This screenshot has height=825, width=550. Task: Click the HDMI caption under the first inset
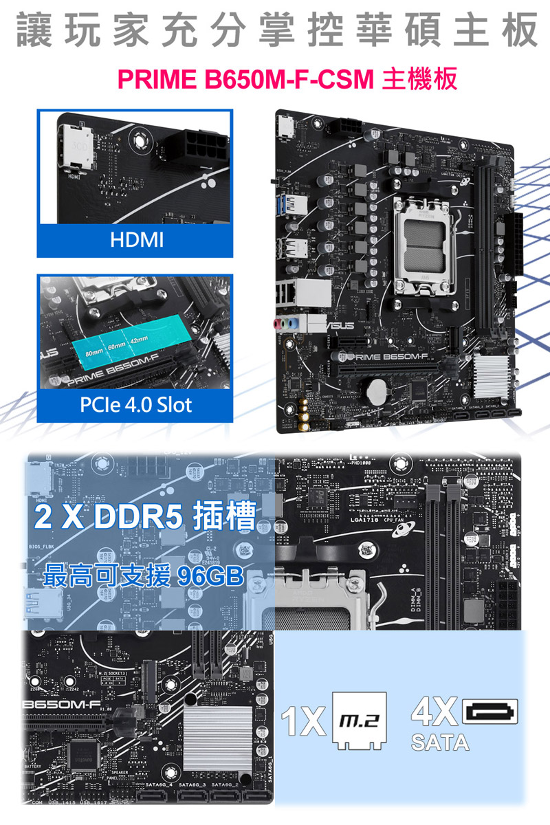tap(135, 240)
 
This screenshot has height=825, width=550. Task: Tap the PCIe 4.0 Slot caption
tap(135, 404)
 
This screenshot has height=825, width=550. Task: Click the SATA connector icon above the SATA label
tap(491, 712)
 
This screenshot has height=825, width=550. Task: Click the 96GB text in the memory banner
tap(208, 576)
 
